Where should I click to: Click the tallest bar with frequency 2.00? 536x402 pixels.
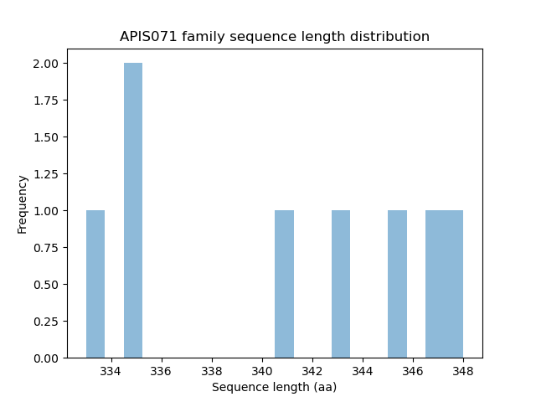pos(133,210)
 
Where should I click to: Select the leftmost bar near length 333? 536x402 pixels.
pos(95,284)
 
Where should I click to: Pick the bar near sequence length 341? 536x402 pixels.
pos(284,284)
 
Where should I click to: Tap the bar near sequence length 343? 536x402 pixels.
pos(341,284)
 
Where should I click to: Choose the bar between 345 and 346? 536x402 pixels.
pos(397,284)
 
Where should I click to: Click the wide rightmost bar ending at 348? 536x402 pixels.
pos(444,284)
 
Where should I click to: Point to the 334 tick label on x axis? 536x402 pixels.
pos(111,371)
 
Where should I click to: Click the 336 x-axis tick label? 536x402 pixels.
pos(162,371)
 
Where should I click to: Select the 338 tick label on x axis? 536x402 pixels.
pos(212,371)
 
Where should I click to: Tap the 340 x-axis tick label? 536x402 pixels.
pos(262,371)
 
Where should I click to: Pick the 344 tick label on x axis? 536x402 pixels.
pos(363,371)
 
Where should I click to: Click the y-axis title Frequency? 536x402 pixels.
pos(23,204)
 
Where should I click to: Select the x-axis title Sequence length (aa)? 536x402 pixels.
pos(274,387)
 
